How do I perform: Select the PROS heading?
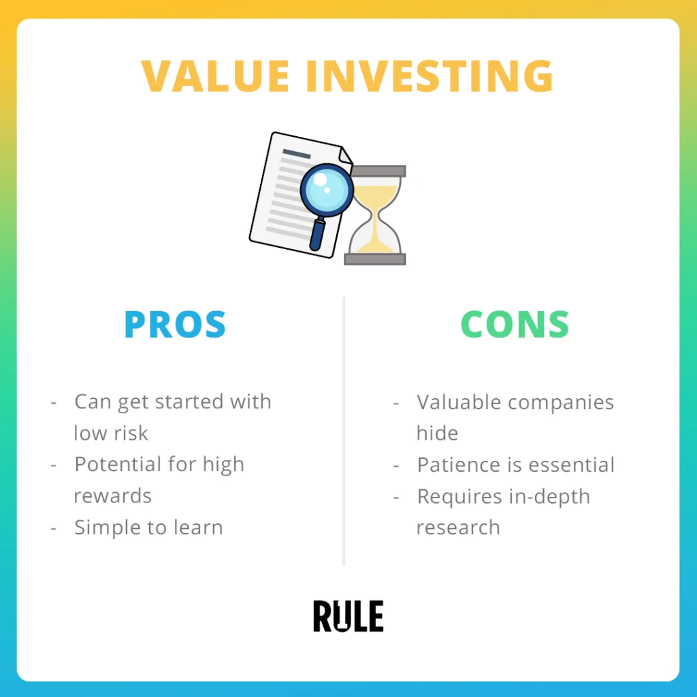tap(175, 325)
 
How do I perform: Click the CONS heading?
tap(515, 325)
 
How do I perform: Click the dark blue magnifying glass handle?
tap(317, 233)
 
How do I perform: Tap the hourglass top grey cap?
tap(378, 171)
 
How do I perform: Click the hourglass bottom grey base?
tap(375, 259)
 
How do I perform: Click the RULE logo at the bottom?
tap(348, 616)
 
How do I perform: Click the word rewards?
tap(113, 496)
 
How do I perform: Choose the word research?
tap(458, 528)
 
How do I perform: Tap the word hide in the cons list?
tap(438, 433)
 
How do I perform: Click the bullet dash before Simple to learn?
tap(54, 529)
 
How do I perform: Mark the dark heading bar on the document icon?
tap(297, 154)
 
